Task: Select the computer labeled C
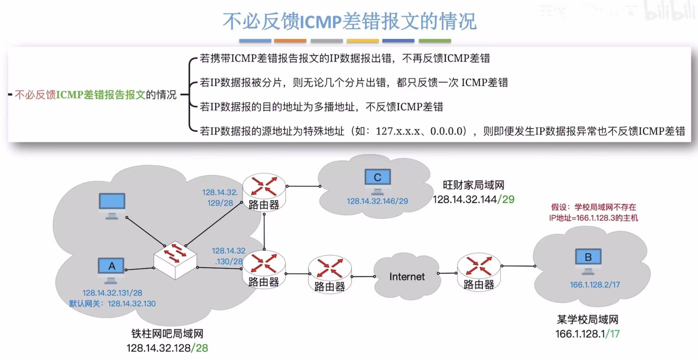click(377, 180)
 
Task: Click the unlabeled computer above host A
click(112, 204)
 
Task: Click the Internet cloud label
click(407, 277)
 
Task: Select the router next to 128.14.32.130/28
click(264, 269)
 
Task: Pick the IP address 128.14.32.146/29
click(377, 201)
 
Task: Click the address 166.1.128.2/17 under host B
click(595, 285)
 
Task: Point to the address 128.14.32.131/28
click(112, 293)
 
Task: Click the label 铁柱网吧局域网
click(167, 334)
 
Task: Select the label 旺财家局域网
click(473, 185)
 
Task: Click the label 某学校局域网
click(587, 320)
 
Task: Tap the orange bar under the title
click(290, 41)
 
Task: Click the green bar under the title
click(434, 41)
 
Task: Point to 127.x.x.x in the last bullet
click(397, 131)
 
